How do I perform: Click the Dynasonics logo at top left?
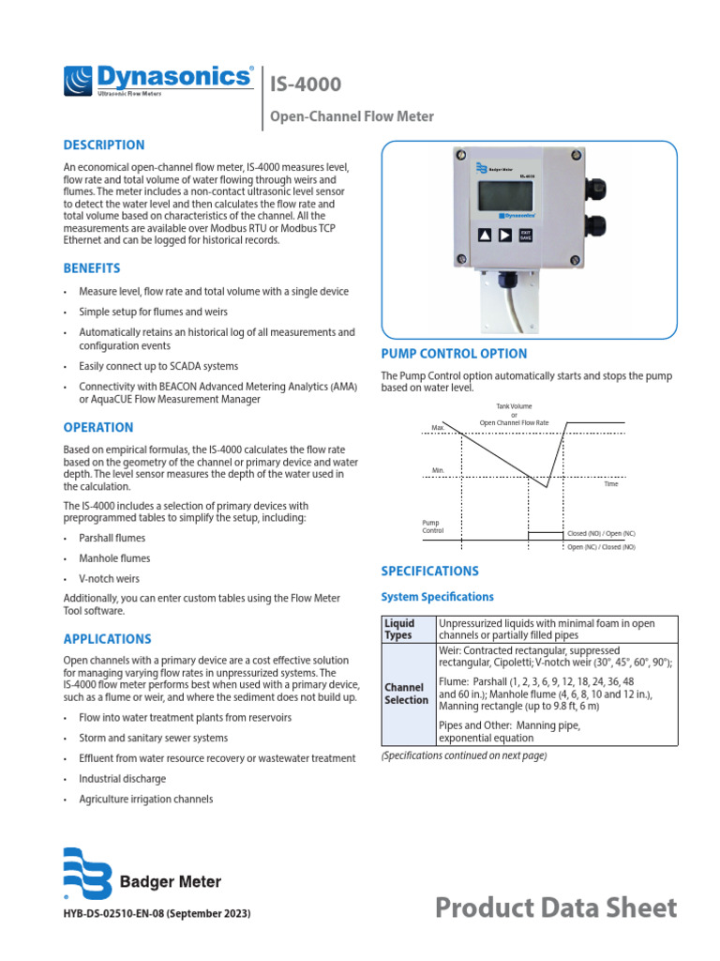[157, 81]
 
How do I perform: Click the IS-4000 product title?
[306, 84]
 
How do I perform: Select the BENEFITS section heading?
[91, 267]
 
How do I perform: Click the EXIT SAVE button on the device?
[525, 236]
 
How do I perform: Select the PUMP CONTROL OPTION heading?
[454, 354]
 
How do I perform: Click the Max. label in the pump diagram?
[437, 427]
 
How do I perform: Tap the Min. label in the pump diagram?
[437, 470]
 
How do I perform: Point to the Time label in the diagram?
[610, 483]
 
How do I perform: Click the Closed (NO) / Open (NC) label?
[601, 533]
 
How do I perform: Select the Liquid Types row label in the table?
[398, 629]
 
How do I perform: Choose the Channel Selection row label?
[406, 694]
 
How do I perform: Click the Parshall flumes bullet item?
[112, 538]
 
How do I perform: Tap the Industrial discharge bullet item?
[122, 779]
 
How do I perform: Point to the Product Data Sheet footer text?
[556, 908]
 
